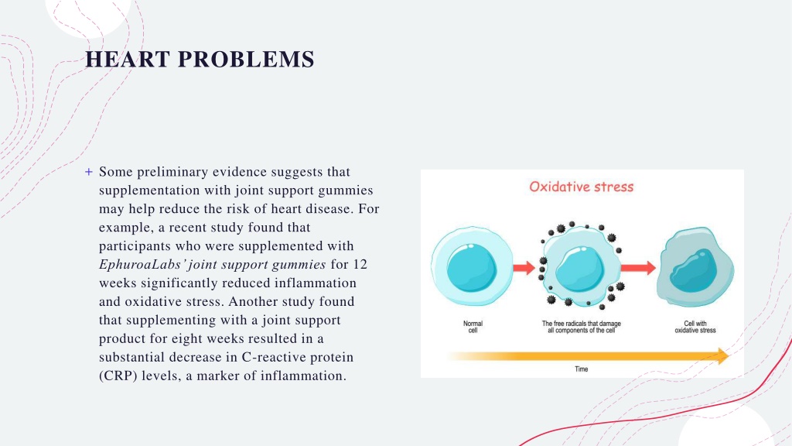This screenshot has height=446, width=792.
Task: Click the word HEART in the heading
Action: pyautogui.click(x=128, y=59)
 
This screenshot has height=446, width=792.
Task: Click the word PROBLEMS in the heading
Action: pyautogui.click(x=246, y=59)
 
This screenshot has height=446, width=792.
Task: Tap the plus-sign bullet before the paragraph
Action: pyautogui.click(x=89, y=172)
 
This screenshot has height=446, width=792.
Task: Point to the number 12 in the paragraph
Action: pyautogui.click(x=360, y=265)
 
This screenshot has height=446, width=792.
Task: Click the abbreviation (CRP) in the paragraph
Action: pyautogui.click(x=118, y=376)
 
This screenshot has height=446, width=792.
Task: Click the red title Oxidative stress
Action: pyautogui.click(x=582, y=187)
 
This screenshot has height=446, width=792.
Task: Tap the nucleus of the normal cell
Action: pyautogui.click(x=472, y=267)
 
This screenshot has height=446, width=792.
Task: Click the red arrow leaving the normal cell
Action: pyautogui.click(x=524, y=267)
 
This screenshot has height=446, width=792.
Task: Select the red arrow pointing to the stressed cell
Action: pyautogui.click(x=638, y=267)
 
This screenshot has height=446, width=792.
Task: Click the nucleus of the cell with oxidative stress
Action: pyautogui.click(x=693, y=270)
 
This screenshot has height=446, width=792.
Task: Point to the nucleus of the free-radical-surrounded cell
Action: pyautogui.click(x=580, y=269)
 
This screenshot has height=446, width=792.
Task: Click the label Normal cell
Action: pyautogui.click(x=473, y=327)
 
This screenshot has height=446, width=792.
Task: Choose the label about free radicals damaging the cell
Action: pyautogui.click(x=582, y=327)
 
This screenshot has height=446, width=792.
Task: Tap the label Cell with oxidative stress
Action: pyautogui.click(x=695, y=327)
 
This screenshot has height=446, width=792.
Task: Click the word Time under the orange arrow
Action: pyautogui.click(x=582, y=369)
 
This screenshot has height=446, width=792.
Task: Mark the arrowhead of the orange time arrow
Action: pyautogui.click(x=723, y=356)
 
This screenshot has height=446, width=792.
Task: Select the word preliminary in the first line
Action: pyautogui.click(x=172, y=172)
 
